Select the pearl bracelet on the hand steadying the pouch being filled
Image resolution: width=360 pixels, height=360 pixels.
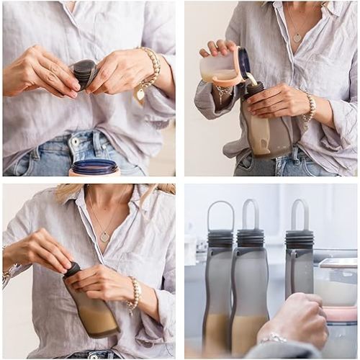[x=310, y=107]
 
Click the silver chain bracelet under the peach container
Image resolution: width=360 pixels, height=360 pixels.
[x=223, y=93]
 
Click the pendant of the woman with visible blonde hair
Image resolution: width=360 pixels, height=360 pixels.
[x=105, y=236]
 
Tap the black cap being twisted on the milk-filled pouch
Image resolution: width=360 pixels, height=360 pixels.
[x=73, y=269]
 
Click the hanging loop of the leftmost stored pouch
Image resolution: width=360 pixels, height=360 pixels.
[x=220, y=215]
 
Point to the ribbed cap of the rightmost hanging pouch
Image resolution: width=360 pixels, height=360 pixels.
[x=299, y=239]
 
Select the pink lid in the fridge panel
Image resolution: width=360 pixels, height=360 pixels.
[x=340, y=314]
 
